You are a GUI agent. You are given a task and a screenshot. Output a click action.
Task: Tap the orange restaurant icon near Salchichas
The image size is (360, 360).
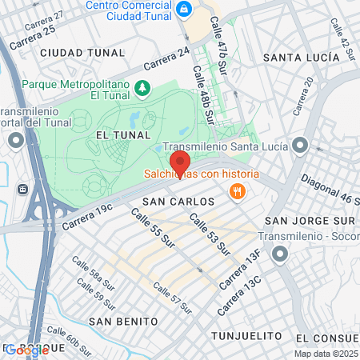pos(237,191)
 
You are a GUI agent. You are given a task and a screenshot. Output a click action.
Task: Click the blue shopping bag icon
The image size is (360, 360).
pos(185,9)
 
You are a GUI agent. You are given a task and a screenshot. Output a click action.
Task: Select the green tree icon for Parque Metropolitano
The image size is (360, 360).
pos(143,86)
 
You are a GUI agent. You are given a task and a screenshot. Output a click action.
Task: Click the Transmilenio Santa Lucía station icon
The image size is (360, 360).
pos(300,146)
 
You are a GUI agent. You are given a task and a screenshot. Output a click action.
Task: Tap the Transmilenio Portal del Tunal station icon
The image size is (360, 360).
pos(16,141)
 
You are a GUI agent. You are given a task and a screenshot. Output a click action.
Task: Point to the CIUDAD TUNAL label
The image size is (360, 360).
pos(82,53)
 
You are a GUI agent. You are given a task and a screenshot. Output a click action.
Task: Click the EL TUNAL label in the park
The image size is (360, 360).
pos(118,137)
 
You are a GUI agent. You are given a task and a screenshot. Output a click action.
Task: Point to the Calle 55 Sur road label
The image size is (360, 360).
pos(152,229)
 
